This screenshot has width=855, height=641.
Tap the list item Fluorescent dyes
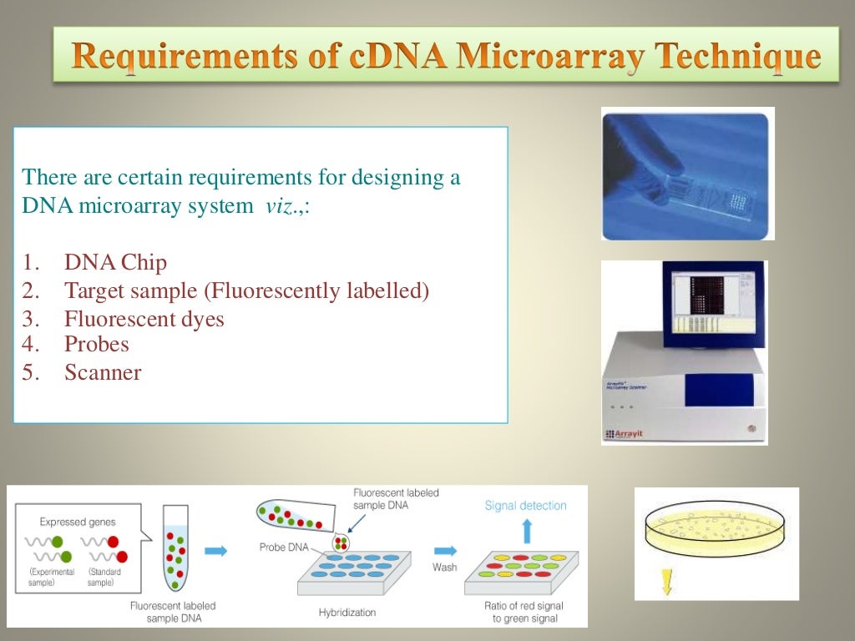click(x=144, y=319)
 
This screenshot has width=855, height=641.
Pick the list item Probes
click(x=96, y=344)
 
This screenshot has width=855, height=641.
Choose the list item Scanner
click(x=103, y=372)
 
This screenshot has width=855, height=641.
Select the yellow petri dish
click(x=716, y=531)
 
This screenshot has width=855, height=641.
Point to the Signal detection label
click(x=525, y=506)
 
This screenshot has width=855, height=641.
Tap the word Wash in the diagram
click(x=444, y=567)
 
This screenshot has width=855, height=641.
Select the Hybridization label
click(x=347, y=612)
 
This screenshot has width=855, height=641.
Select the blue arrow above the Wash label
click(x=445, y=550)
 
